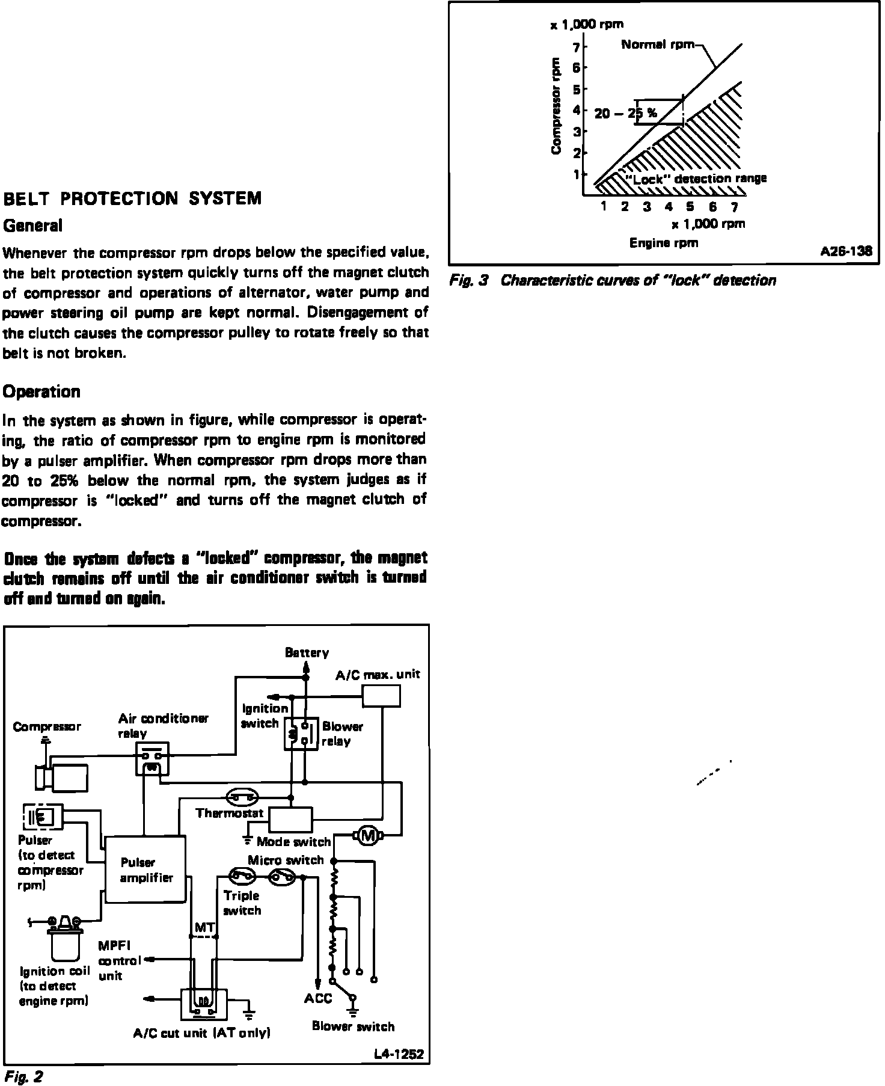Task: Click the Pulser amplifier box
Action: pyautogui.click(x=144, y=870)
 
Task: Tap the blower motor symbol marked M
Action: pyautogui.click(x=366, y=835)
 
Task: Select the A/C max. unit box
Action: pyautogui.click(x=381, y=696)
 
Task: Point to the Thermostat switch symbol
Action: pyautogui.click(x=242, y=798)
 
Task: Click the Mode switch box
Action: pyautogui.click(x=290, y=820)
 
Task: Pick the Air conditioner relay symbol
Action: pyautogui.click(x=153, y=759)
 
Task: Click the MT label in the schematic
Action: pyautogui.click(x=203, y=928)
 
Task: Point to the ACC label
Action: pyautogui.click(x=318, y=998)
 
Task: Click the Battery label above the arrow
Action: pyautogui.click(x=307, y=652)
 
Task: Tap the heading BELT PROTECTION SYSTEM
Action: pyautogui.click(x=133, y=198)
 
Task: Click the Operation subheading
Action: pyautogui.click(x=41, y=392)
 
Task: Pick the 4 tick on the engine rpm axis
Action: pyautogui.click(x=669, y=207)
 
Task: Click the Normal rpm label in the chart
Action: pyautogui.click(x=658, y=44)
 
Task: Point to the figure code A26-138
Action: pyautogui.click(x=846, y=251)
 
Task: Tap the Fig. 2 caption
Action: pyautogui.click(x=23, y=1076)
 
